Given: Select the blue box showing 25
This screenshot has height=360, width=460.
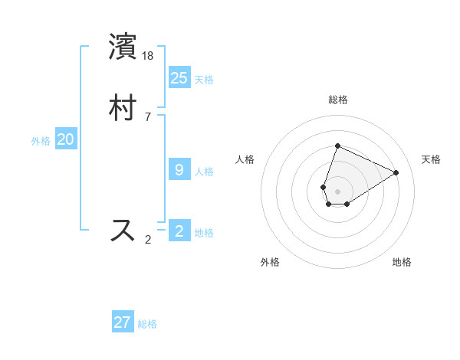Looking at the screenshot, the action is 179,77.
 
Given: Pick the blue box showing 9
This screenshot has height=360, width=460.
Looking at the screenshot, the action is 179,169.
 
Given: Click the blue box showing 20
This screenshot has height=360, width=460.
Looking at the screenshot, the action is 66,139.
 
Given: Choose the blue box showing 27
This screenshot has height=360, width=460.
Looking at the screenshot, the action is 123,322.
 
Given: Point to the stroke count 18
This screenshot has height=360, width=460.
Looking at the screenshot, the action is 149,57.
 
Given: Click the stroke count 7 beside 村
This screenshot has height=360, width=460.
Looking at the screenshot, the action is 148,117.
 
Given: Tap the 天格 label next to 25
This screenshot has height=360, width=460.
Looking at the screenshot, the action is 204,80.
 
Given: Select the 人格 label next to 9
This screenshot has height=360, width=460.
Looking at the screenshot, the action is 204,172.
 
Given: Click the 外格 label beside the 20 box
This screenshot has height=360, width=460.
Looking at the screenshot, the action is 41,141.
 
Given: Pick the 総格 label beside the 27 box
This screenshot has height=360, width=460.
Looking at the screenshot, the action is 147,324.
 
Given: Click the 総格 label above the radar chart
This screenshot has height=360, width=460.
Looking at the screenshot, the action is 337,100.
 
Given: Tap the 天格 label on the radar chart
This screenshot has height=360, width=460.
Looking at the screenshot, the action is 431,159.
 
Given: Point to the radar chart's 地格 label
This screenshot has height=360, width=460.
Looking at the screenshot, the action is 402,262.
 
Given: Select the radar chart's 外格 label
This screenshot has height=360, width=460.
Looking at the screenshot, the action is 270,262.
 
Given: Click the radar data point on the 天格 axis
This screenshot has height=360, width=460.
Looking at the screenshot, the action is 396,172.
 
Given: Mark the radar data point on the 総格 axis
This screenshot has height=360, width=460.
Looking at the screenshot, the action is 337,146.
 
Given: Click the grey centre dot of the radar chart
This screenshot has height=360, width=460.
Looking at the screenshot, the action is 337,191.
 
